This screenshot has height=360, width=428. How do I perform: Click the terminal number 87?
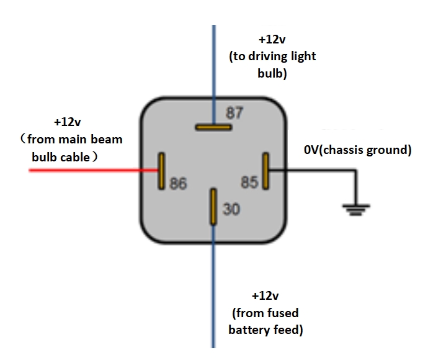(234, 113)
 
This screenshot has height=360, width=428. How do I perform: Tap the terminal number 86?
(178, 184)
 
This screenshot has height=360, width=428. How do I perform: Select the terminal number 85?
(249, 182)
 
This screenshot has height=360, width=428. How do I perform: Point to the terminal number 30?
(231, 210)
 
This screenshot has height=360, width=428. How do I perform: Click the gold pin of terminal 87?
(213, 127)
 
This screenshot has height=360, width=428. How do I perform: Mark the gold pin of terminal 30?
(213, 207)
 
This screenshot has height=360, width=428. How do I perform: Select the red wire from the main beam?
(93, 169)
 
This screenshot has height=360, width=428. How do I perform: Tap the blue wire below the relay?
(214, 292)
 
